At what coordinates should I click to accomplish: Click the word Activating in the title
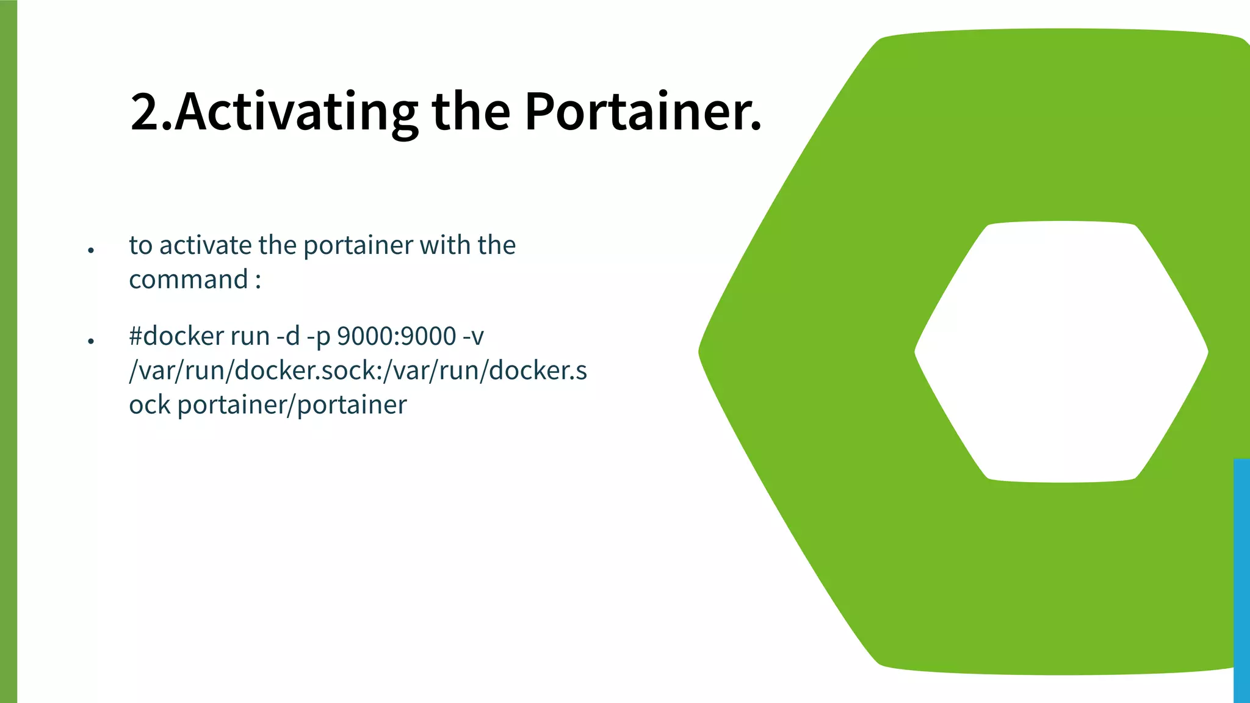pyautogui.click(x=296, y=112)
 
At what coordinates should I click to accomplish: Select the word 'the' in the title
pyautogui.click(x=471, y=112)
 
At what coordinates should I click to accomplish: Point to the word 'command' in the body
pyautogui.click(x=188, y=279)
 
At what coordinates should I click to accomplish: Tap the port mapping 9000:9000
pyautogui.click(x=396, y=336)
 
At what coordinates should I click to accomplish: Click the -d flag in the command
pyautogui.click(x=288, y=336)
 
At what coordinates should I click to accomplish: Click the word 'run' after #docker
pyautogui.click(x=250, y=336)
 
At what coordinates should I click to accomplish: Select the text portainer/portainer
pyautogui.click(x=292, y=405)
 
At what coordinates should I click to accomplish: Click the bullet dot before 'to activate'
pyautogui.click(x=91, y=250)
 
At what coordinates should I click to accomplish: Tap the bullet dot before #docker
pyautogui.click(x=91, y=341)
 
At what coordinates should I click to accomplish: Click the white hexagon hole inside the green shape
pyautogui.click(x=1061, y=351)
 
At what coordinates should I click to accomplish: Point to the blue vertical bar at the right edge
pyautogui.click(x=1241, y=580)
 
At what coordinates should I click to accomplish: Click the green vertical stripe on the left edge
pyautogui.click(x=9, y=351)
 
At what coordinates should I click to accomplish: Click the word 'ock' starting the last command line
pyautogui.click(x=150, y=405)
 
